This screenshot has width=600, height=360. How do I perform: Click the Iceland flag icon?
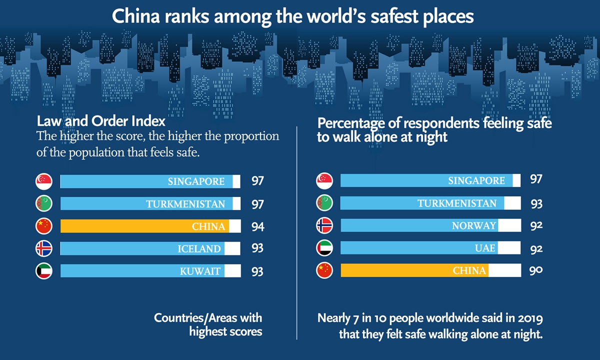pyautogui.click(x=44, y=248)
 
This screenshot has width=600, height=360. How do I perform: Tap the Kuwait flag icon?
pyautogui.click(x=44, y=271)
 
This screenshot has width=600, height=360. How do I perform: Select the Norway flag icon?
pyautogui.click(x=324, y=225)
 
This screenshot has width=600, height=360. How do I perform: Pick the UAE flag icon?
pyautogui.click(x=324, y=248)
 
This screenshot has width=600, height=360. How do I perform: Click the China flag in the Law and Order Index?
pyautogui.click(x=44, y=226)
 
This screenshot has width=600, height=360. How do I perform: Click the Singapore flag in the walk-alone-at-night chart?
pyautogui.click(x=324, y=180)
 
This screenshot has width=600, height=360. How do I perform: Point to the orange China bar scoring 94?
pyautogui.click(x=145, y=226)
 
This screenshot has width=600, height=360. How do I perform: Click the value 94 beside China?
pyautogui.click(x=258, y=226)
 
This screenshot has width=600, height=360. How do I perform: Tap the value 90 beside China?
pyautogui.click(x=536, y=270)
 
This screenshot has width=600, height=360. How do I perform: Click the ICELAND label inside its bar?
pyautogui.click(x=199, y=248)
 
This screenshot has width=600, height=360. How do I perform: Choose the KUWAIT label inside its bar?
pyautogui.click(x=200, y=271)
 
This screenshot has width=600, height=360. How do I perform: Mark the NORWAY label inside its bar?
pyautogui.click(x=473, y=225)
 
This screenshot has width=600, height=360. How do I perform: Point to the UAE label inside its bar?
pyautogui.click(x=485, y=248)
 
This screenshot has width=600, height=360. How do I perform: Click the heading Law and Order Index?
pyautogui.click(x=101, y=121)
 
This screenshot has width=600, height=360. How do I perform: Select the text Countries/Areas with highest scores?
pyautogui.click(x=208, y=324)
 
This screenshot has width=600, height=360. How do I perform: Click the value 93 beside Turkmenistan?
pyautogui.click(x=536, y=203)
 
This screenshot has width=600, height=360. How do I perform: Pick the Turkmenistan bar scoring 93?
pyautogui.click(x=422, y=203)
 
